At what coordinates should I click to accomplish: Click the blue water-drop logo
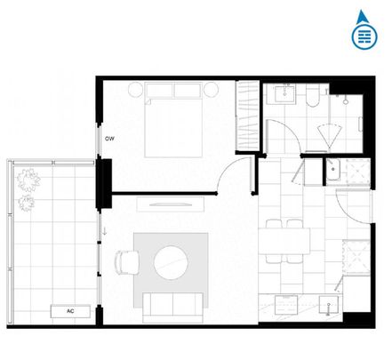pos(362,30)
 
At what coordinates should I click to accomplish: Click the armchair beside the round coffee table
pos(126,263)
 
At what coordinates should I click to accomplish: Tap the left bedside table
pos(135,90)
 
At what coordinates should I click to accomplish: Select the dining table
pos(286,241)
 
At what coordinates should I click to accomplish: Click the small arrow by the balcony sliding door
pos(106,233)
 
